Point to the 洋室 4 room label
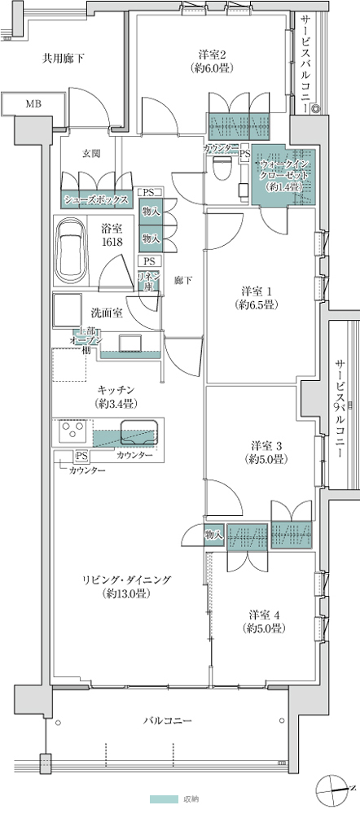261,621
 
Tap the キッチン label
115,396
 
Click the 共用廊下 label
64,58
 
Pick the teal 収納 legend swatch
162,799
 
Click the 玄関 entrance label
91,153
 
